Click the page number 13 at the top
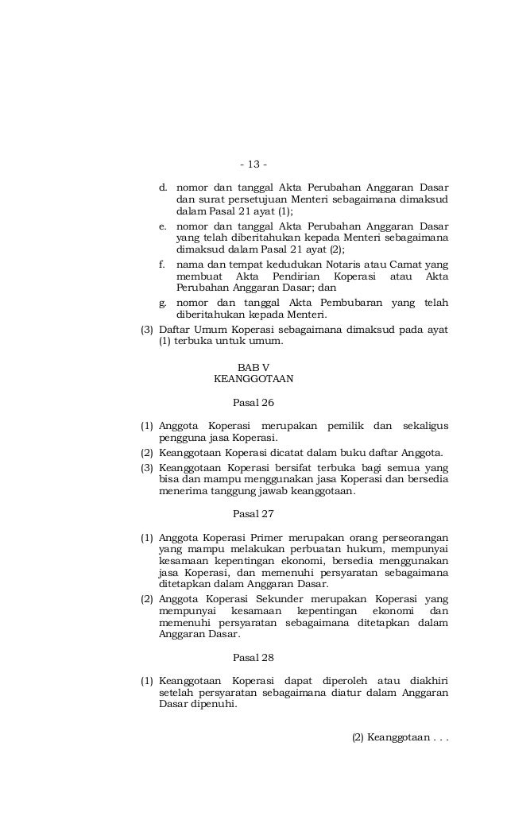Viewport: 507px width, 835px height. (253, 164)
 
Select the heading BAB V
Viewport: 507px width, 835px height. (253, 366)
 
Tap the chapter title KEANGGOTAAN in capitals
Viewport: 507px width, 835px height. (253, 379)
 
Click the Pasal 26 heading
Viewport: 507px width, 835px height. (253, 402)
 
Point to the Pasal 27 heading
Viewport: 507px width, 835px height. (253, 514)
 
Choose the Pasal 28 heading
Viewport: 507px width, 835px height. (253, 658)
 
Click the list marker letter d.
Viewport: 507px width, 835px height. (163, 187)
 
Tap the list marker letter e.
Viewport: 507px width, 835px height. (163, 226)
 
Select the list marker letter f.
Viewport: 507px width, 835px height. (163, 264)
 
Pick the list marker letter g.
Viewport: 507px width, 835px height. (163, 303)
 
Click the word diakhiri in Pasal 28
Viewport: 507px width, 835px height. (428, 681)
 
